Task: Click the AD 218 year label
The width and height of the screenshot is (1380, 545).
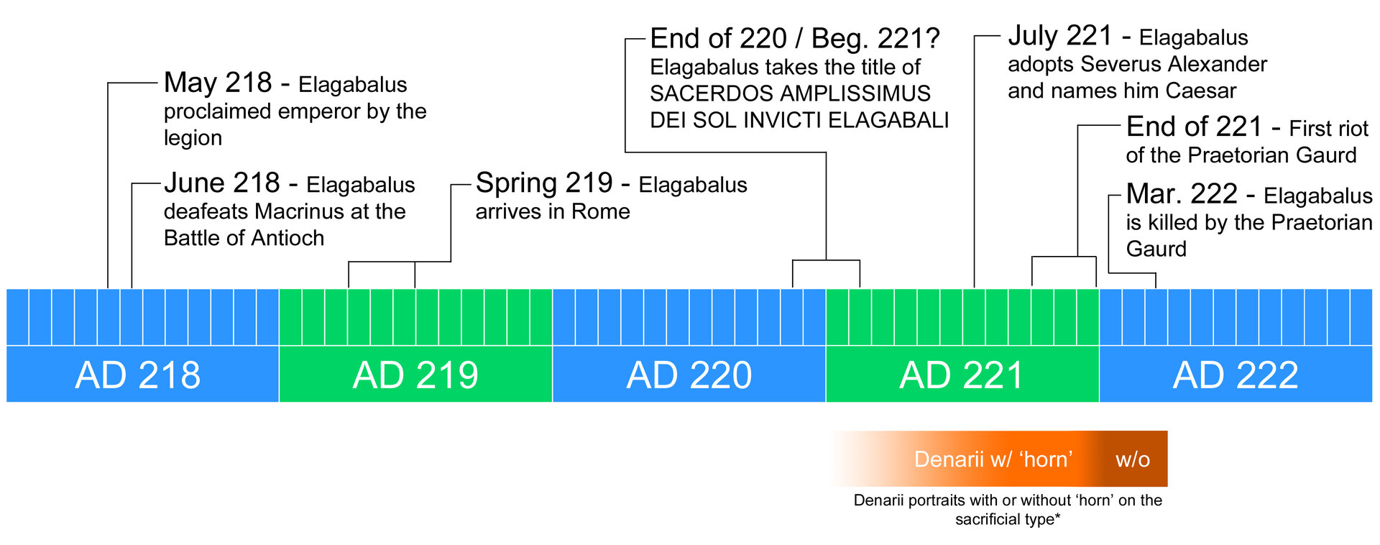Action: click(x=138, y=375)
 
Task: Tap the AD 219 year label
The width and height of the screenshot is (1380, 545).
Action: click(x=415, y=375)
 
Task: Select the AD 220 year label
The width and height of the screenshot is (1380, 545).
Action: click(x=689, y=375)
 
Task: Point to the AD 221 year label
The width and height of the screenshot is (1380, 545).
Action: click(x=962, y=375)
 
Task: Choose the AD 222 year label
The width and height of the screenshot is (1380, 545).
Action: click(x=1236, y=375)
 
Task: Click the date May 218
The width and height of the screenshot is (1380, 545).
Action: click(x=218, y=83)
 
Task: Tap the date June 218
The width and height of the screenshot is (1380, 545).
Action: click(x=221, y=183)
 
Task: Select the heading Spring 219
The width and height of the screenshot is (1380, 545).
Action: click(x=544, y=183)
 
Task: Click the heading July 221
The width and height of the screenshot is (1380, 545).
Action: click(x=1060, y=36)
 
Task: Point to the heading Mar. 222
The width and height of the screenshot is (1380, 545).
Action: click(x=1182, y=194)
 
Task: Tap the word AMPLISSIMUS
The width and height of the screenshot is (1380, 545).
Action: click(x=855, y=93)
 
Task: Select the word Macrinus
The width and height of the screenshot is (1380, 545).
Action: click(x=300, y=211)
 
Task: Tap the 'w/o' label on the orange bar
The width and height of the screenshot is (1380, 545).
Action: click(x=1133, y=459)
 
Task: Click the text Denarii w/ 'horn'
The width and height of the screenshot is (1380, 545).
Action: click(x=993, y=459)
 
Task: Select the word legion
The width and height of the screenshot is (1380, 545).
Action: click(x=193, y=138)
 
